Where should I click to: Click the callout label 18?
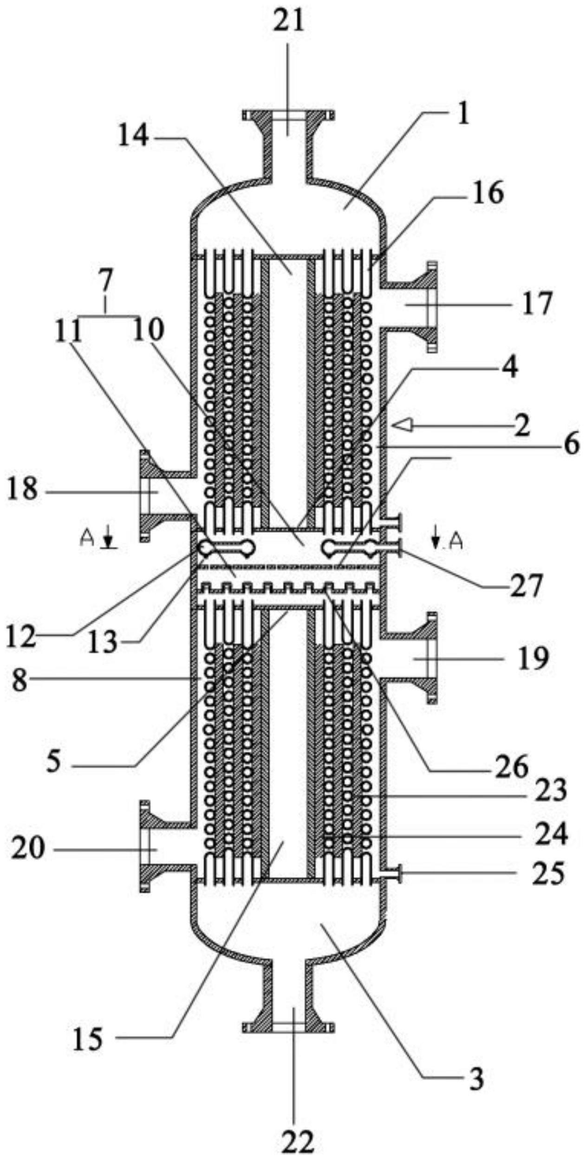[x=22, y=490]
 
